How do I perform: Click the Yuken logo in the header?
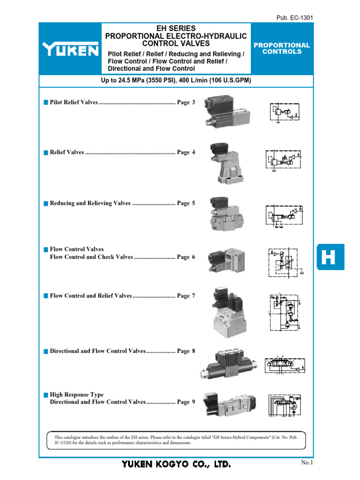[70, 49]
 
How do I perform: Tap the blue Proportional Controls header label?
[282, 48]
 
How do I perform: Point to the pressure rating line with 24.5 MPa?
[176, 81]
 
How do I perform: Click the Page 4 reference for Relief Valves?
[186, 152]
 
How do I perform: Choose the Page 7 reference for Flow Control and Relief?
[186, 296]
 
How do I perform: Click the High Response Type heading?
[76, 395]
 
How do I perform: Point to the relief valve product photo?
[227, 162]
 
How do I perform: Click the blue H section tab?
[330, 257]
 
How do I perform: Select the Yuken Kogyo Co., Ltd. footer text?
[176, 464]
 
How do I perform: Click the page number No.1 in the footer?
[306, 463]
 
